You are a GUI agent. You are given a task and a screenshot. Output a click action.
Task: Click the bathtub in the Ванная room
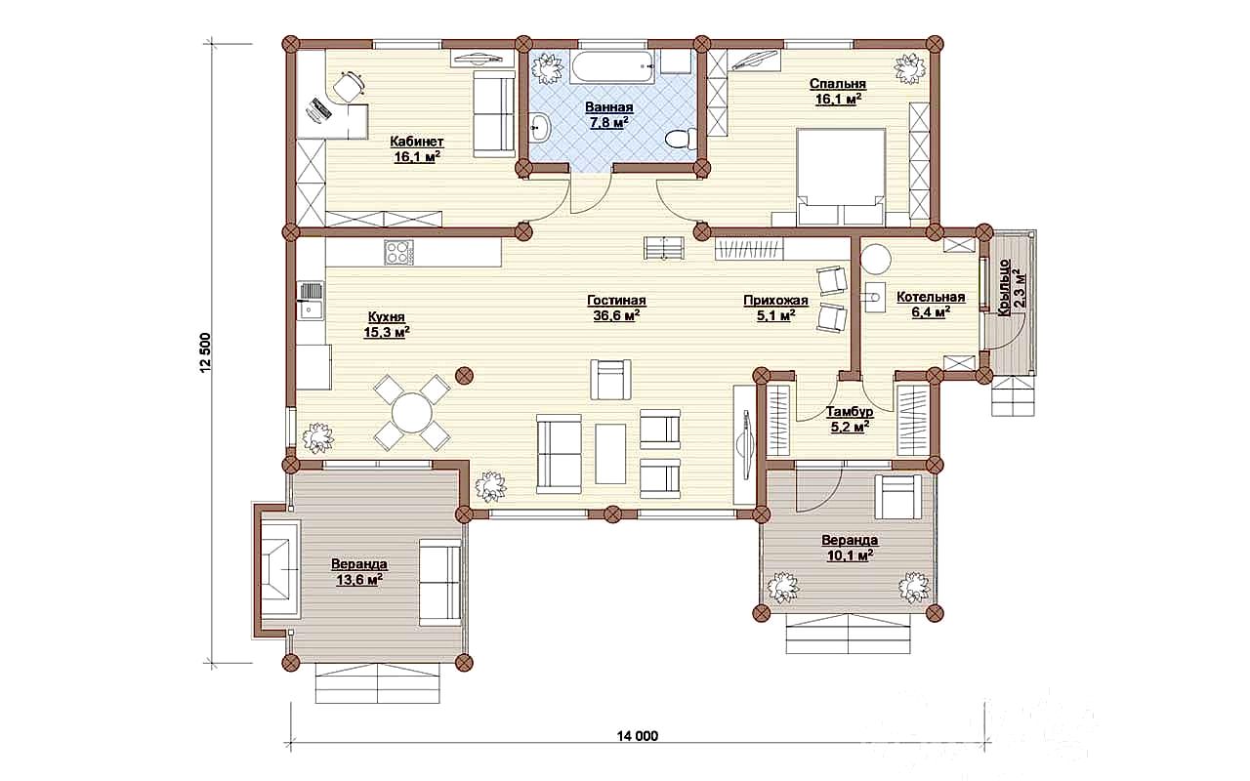pyautogui.click(x=612, y=67)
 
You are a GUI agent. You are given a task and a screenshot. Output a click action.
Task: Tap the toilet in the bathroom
pyautogui.click(x=682, y=138)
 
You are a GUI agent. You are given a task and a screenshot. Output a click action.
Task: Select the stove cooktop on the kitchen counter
pyautogui.click(x=398, y=252)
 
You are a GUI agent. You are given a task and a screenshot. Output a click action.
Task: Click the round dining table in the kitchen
pyautogui.click(x=412, y=413)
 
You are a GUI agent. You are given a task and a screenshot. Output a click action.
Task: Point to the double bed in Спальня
pyautogui.click(x=841, y=178)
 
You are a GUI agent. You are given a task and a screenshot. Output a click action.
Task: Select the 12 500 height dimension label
pyautogui.click(x=206, y=352)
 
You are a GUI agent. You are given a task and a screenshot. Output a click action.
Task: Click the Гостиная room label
pyautogui.click(x=616, y=301)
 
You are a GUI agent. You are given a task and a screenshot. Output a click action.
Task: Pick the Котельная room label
pyautogui.click(x=931, y=298)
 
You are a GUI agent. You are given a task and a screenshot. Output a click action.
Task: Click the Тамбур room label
pyautogui.click(x=850, y=413)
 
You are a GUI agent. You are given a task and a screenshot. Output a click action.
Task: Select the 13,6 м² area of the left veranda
pyautogui.click(x=358, y=580)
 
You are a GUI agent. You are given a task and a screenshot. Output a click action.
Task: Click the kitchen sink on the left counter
pyautogui.click(x=310, y=301)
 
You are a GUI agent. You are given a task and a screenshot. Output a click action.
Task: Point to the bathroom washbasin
pyautogui.click(x=540, y=127)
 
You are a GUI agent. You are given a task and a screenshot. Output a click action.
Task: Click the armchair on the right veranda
pyautogui.click(x=898, y=497)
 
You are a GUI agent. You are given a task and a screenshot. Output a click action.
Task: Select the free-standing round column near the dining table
pyautogui.click(x=464, y=376)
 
